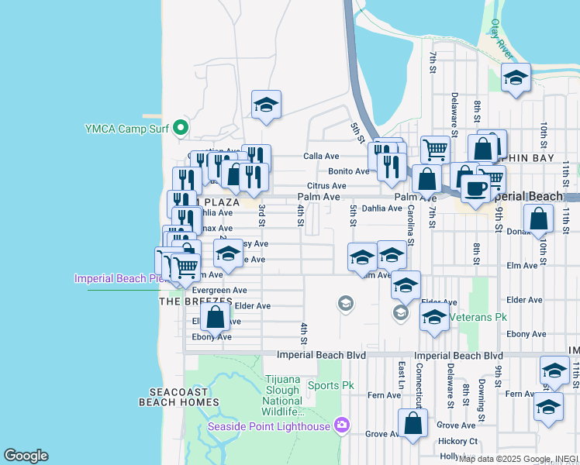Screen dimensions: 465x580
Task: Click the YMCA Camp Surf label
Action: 126,128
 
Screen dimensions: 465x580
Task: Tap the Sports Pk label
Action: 330,385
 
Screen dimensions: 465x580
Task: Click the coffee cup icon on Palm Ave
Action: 475,187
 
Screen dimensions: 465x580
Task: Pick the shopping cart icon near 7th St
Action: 436,149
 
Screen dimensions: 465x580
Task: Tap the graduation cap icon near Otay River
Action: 516,77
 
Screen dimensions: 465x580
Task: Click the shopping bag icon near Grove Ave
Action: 413,423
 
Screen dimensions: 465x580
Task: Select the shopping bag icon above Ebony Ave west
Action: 216,316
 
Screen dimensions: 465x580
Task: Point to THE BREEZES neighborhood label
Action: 195,301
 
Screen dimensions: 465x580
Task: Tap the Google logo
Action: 26,456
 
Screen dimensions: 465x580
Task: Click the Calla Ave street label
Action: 321,157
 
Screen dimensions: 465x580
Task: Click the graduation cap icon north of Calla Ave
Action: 266,105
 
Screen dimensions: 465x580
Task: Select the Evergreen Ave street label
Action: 219,291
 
